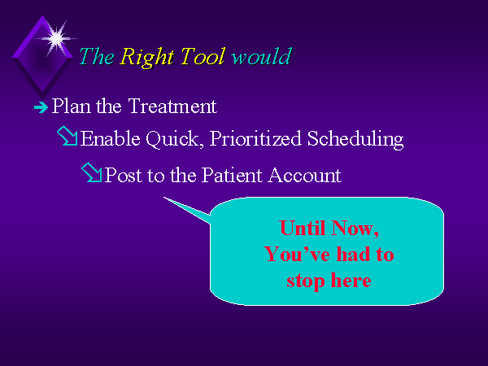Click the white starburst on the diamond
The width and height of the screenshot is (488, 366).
tap(56, 38)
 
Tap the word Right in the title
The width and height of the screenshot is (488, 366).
tap(146, 57)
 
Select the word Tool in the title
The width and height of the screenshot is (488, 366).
tap(203, 56)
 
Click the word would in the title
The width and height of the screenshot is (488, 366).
tap(261, 56)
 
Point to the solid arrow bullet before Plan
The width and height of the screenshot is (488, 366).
tap(41, 107)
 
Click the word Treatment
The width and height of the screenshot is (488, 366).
tap(172, 106)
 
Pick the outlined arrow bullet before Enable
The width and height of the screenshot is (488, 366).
tap(68, 136)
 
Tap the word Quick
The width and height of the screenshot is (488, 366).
tap(172, 139)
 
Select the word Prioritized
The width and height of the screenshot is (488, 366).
tap(255, 138)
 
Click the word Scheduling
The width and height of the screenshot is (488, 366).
tap(355, 139)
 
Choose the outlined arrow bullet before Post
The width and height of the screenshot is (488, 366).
tap(91, 172)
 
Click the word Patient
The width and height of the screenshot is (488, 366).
tap(232, 175)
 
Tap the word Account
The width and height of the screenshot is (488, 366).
tap(305, 175)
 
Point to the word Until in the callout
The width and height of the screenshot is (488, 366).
tap(303, 228)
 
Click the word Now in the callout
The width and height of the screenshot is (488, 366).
tap(355, 229)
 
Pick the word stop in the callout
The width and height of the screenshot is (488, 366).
tap(305, 281)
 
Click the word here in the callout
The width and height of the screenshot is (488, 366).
tap(351, 280)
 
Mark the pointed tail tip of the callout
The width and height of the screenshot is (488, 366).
tap(164, 198)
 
